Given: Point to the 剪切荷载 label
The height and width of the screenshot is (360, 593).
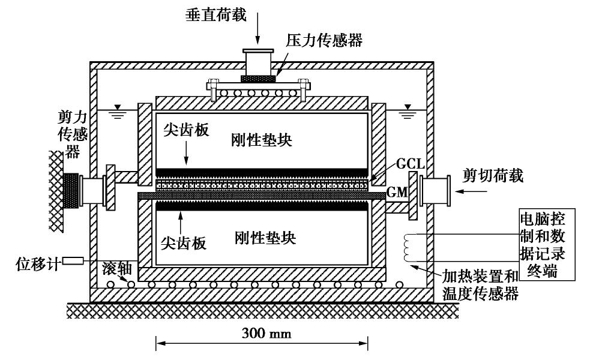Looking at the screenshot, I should [493, 175].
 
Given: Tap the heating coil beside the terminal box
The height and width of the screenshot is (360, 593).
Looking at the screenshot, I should [409, 247].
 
